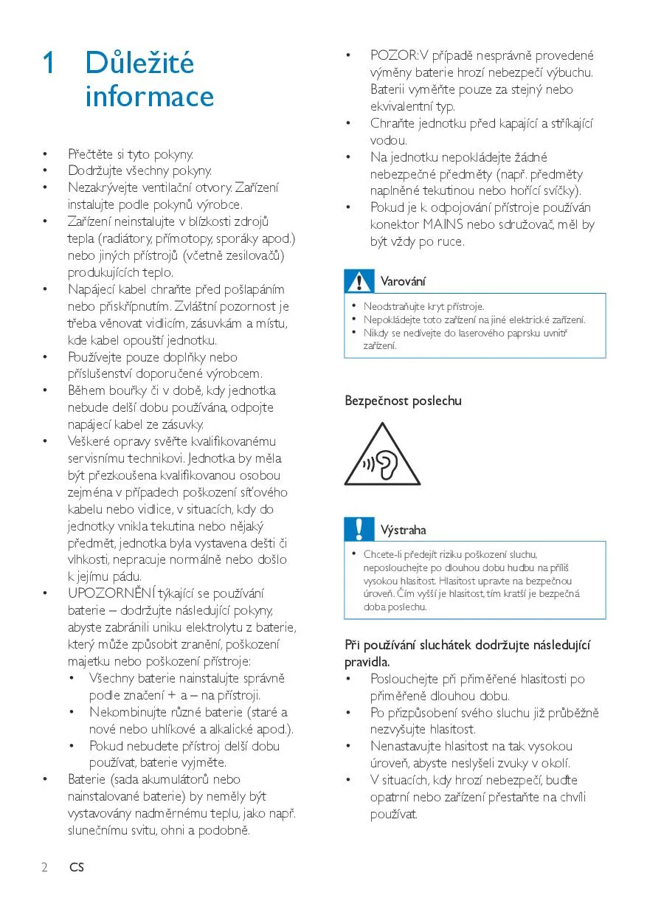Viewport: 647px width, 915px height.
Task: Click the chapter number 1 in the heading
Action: [48, 64]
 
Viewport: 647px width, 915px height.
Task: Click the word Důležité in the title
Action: [139, 63]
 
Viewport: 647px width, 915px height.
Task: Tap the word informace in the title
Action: [149, 97]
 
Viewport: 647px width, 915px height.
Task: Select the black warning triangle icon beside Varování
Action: [360, 281]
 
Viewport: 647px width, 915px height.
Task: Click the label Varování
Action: [403, 281]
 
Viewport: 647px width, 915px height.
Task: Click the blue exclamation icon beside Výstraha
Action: [360, 529]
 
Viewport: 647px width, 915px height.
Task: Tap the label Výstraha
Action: [404, 530]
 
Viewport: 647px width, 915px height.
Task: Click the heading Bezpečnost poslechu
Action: [403, 401]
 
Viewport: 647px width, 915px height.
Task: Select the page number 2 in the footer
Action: [45, 867]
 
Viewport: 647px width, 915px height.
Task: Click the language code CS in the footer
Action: [77, 867]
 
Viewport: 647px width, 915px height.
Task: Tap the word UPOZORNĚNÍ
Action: [111, 593]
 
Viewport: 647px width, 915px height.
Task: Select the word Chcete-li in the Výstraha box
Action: [381, 554]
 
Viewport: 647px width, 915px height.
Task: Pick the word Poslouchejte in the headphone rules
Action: [404, 679]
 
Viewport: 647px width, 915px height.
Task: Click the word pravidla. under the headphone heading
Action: [367, 662]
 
